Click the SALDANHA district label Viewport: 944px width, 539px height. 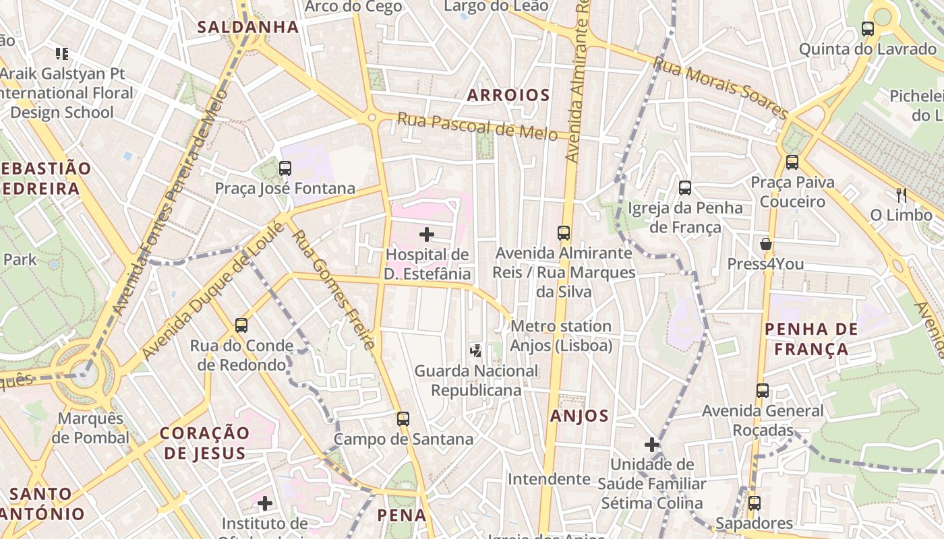point(248,27)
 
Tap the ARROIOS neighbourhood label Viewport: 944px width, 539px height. point(509,95)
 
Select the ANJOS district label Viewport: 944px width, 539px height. point(579,416)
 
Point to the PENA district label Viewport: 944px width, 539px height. point(402,515)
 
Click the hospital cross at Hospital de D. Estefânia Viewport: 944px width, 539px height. point(427,234)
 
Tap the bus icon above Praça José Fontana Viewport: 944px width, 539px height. point(285,168)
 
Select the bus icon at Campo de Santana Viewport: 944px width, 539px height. point(403,419)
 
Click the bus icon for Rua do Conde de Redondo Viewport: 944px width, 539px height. point(241,325)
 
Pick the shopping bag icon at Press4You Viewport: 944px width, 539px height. point(765,243)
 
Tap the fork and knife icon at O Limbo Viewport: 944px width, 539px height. point(901,195)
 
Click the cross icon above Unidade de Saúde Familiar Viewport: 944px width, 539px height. point(651,445)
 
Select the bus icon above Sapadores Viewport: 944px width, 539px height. point(755,503)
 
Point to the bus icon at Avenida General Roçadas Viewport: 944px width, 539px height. point(763,390)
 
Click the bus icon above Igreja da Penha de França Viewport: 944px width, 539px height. point(685,187)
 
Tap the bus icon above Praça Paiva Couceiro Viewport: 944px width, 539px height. point(792,162)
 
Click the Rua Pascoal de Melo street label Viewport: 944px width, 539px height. point(482,126)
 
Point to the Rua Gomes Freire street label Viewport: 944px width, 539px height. point(332,290)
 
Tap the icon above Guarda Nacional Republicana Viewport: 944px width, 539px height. point(476,350)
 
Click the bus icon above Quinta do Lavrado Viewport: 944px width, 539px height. point(868,29)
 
